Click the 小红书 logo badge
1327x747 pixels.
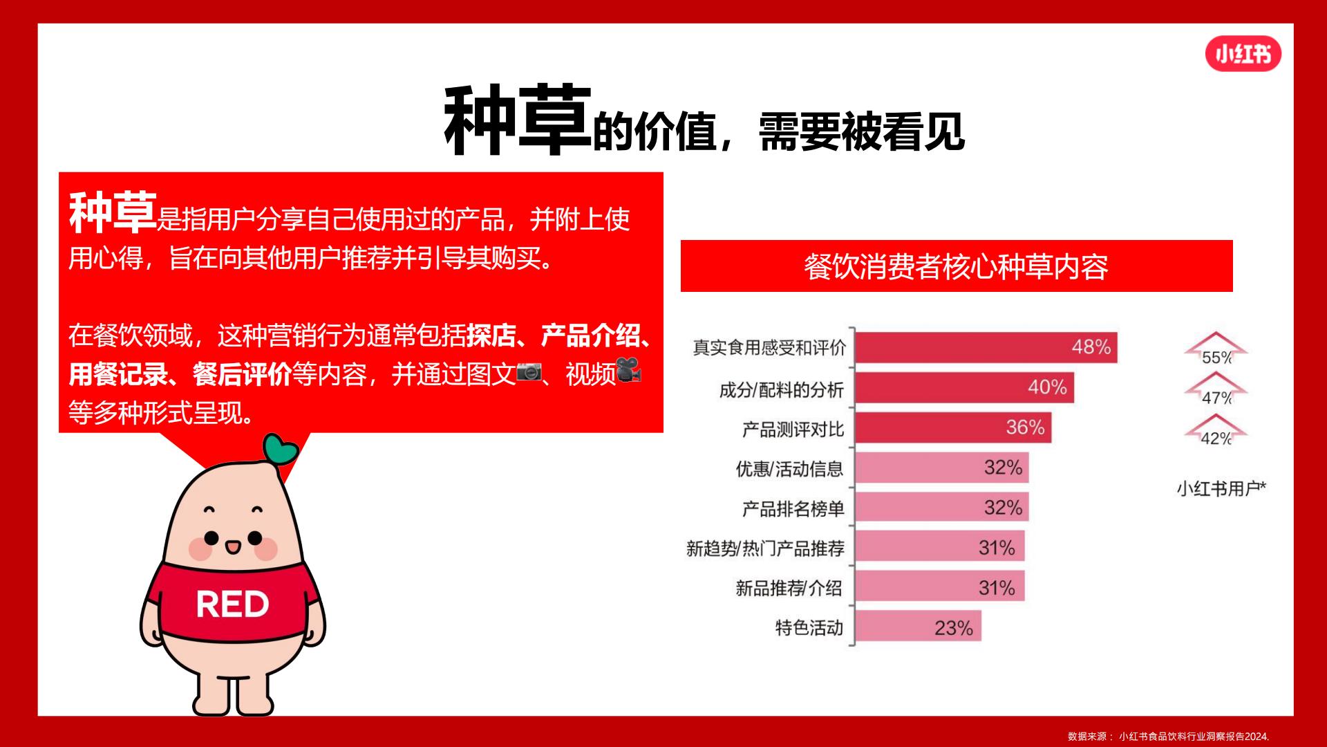[1243, 54]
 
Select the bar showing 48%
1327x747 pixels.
[986, 347]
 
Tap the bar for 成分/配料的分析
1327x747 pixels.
[965, 388]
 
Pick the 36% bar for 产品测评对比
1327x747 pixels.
[954, 428]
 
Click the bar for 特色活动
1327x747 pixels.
[919, 627]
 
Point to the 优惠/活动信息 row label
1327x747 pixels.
[789, 469]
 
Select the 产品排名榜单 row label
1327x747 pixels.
[793, 509]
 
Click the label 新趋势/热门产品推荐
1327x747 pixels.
[765, 548]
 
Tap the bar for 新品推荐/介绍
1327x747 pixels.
[940, 587]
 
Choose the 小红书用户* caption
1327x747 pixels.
[1221, 489]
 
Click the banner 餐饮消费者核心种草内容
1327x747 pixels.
[957, 266]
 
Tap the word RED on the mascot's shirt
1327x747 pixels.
[232, 604]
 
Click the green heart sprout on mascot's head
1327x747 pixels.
[281, 450]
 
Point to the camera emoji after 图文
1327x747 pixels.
[530, 371]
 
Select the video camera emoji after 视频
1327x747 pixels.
[628, 369]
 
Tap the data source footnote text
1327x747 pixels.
[1168, 736]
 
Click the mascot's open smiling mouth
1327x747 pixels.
[233, 548]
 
